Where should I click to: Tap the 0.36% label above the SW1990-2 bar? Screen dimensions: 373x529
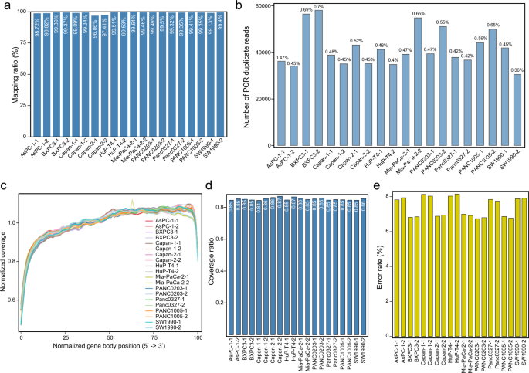point(517,70)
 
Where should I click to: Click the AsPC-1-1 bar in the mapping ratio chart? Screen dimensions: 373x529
point(29,77)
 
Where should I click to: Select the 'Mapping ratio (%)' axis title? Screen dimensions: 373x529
point(6,76)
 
